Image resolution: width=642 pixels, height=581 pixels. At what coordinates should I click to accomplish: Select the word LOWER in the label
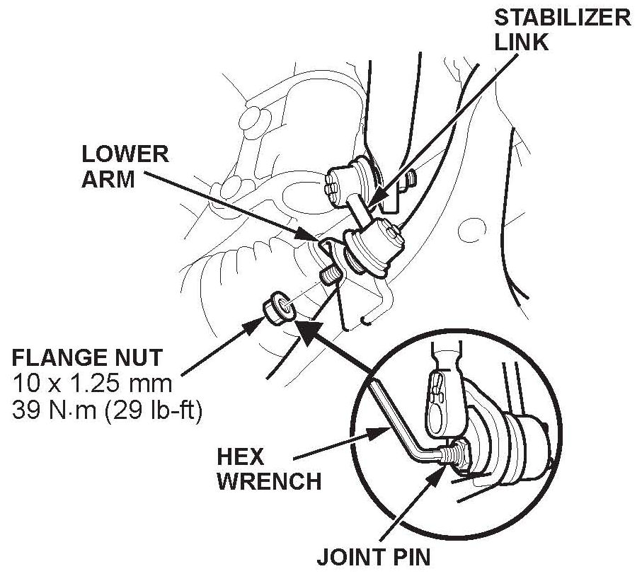click(125, 154)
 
